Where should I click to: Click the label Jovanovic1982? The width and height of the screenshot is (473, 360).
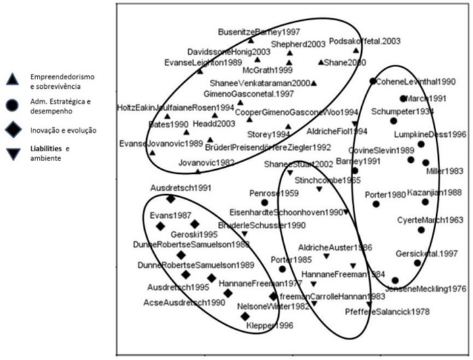207,163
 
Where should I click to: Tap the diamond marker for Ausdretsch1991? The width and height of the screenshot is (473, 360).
170,199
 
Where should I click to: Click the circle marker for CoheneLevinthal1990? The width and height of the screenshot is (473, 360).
373,81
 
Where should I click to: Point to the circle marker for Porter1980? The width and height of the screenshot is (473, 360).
376,204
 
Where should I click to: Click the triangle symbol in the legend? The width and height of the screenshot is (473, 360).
11,80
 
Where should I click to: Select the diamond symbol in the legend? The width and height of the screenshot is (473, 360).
11,130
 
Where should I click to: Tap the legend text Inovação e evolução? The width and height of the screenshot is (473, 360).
57,130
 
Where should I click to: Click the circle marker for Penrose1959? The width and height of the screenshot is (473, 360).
265,202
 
